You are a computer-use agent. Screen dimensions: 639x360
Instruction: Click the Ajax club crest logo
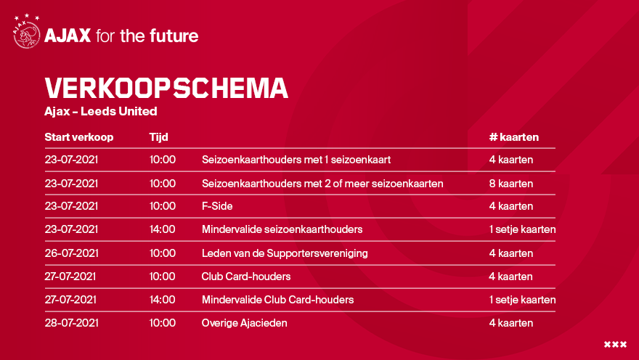tap(26, 32)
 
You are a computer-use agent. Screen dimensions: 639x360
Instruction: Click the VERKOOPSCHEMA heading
tap(166, 88)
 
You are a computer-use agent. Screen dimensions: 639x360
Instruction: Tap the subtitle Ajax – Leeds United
tap(101, 111)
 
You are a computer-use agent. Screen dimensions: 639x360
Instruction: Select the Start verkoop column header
tap(79, 137)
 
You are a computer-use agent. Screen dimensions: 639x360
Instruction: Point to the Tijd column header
tap(158, 137)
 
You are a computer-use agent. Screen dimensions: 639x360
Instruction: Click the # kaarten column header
tap(514, 137)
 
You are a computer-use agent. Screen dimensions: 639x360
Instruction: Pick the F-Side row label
tap(217, 206)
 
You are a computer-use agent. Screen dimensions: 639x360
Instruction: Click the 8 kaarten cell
tap(511, 183)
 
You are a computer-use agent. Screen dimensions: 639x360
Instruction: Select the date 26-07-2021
tap(72, 253)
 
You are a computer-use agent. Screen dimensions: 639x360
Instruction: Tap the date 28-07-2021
tap(72, 323)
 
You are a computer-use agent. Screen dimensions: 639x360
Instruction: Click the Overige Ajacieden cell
tap(245, 323)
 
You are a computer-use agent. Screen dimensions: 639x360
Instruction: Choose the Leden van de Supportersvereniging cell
tap(285, 253)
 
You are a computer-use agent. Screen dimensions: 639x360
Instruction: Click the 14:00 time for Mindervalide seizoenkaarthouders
tap(162, 229)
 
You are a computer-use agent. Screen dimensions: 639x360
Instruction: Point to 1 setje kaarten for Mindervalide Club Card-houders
tap(522, 300)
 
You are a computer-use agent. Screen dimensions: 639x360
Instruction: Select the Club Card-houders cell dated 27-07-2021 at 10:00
tap(246, 277)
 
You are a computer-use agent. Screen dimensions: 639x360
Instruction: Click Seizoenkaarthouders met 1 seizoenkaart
tap(296, 160)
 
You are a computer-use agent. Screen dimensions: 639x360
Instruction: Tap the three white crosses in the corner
tap(615, 345)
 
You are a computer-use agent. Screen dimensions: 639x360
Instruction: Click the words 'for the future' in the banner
tap(147, 36)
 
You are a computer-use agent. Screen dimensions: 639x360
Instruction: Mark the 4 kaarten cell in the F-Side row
tap(511, 206)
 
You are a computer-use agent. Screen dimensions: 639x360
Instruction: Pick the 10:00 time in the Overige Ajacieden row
tap(162, 323)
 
